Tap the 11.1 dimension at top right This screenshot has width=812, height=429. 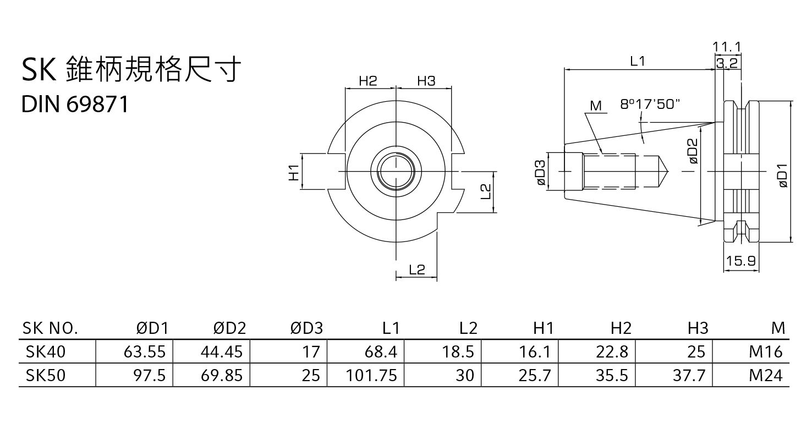727,46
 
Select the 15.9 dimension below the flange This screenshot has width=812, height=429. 740,261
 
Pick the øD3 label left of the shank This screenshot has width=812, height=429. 541,172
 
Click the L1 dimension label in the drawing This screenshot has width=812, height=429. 637,62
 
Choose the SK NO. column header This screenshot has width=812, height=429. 50,328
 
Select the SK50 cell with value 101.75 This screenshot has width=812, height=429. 371,375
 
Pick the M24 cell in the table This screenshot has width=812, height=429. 765,375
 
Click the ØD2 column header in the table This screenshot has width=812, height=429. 229,328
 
